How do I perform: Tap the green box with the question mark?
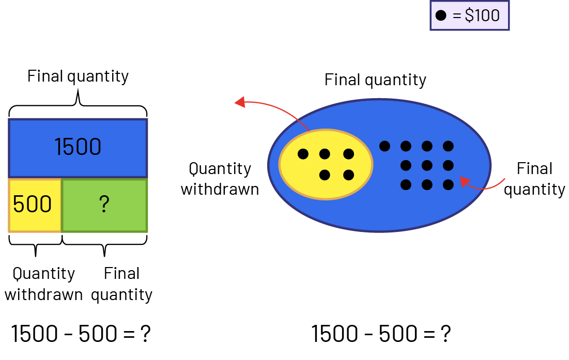(x=104, y=205)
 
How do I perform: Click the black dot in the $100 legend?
(x=441, y=15)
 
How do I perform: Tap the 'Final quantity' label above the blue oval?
(x=375, y=80)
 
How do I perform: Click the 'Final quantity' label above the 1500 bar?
(x=78, y=76)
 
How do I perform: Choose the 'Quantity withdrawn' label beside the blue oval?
(x=220, y=179)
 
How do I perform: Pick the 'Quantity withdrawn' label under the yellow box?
(x=43, y=284)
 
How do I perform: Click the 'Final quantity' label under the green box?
(x=122, y=284)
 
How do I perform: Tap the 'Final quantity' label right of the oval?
(x=534, y=179)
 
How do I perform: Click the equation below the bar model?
(x=81, y=334)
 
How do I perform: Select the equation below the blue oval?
(x=381, y=334)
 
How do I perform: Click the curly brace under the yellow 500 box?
(x=35, y=245)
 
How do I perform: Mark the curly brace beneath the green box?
(x=104, y=245)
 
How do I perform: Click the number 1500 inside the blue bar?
(x=78, y=147)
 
